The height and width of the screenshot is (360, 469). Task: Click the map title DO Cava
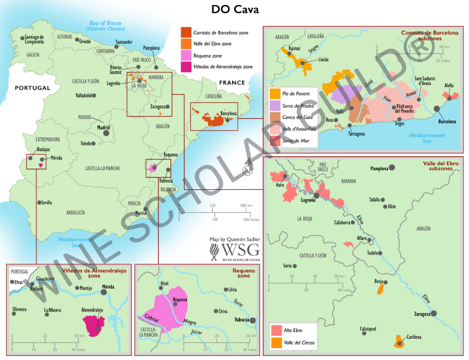coord(235,9)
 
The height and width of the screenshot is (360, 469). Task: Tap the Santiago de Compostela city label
coord(35,39)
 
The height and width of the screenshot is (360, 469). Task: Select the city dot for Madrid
coord(106,133)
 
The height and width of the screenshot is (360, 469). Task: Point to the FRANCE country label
coord(232,83)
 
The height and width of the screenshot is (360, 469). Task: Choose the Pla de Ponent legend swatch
coord(275,94)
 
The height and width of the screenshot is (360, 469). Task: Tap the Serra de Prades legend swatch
coord(275,106)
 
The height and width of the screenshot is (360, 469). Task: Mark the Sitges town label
coord(400,124)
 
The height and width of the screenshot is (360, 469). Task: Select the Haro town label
coord(280,185)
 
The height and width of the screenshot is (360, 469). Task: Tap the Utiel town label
coord(165,284)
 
